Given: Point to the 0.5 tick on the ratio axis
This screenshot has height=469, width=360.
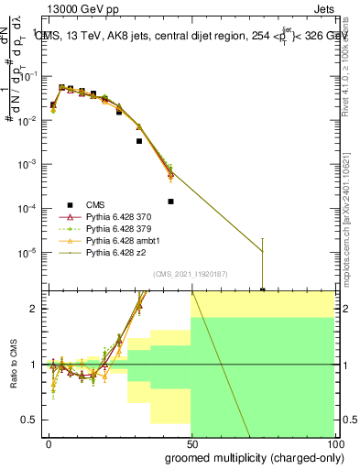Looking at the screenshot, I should tap(34, 420).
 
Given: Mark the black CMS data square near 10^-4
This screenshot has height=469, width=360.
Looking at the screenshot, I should tap(171, 202).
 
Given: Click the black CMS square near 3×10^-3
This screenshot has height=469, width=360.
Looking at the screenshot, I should tap(139, 141).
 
